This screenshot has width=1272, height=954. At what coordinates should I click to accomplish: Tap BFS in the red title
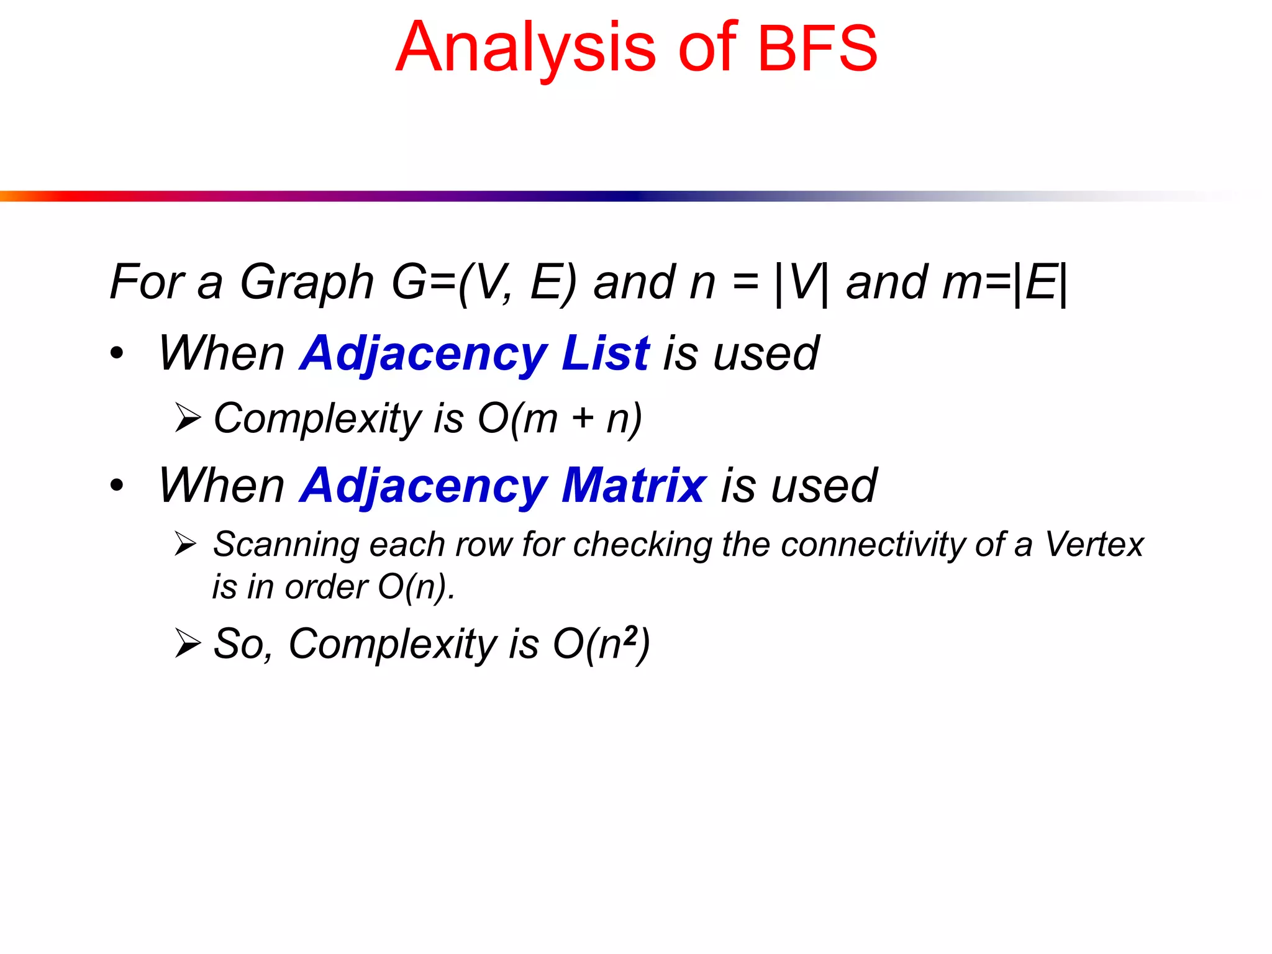point(817,48)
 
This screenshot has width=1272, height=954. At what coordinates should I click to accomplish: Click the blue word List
point(605,353)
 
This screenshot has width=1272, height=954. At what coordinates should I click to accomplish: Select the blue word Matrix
point(634,486)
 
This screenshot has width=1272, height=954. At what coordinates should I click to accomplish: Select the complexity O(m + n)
point(559,419)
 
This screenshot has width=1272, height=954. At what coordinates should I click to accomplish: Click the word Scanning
point(286,545)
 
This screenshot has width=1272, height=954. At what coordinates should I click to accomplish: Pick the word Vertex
point(1094,545)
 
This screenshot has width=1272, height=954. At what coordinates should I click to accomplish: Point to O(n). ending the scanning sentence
point(416,587)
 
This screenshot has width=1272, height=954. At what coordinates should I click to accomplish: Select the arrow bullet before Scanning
point(186,544)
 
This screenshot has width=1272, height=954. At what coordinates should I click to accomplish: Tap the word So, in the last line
point(243,644)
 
